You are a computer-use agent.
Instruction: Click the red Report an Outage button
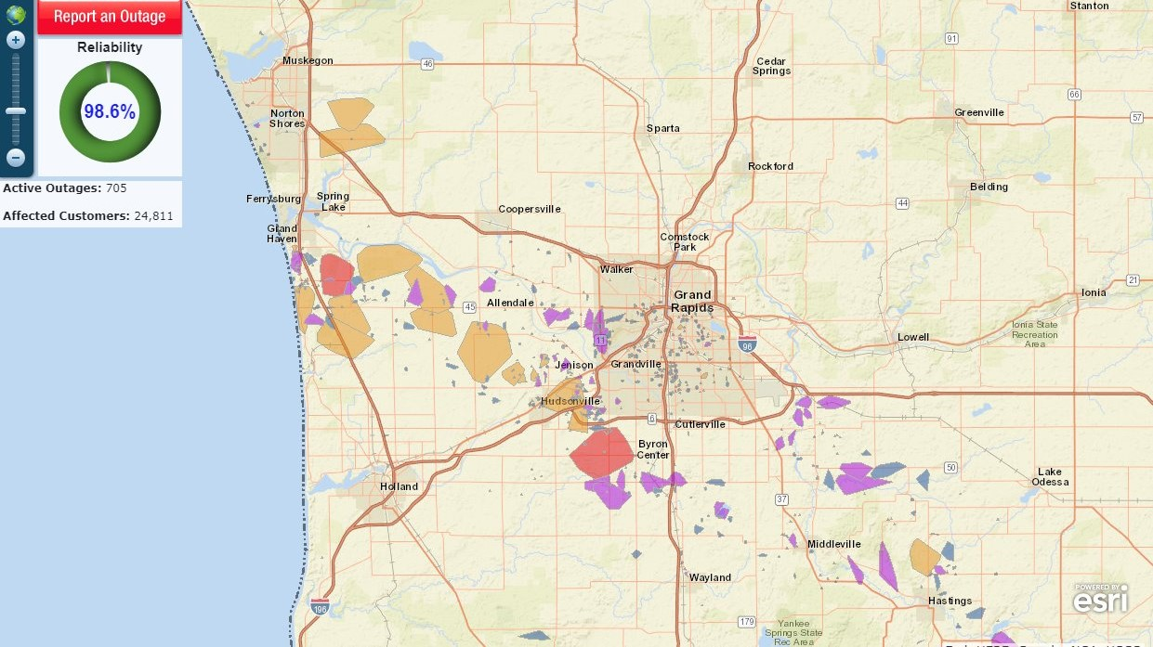click(110, 17)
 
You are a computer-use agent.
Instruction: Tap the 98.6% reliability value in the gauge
click(110, 112)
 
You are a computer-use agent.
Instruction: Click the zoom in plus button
click(16, 40)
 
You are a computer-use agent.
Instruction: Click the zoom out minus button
click(16, 158)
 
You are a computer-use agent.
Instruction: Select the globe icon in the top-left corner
click(16, 13)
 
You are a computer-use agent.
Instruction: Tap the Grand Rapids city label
click(692, 301)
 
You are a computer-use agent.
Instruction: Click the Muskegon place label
click(308, 60)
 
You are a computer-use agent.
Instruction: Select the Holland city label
click(399, 486)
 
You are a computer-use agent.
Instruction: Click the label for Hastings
click(950, 601)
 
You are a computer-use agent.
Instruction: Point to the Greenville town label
click(979, 112)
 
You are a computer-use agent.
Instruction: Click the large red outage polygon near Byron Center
click(601, 452)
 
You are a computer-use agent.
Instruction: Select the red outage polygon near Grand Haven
click(336, 275)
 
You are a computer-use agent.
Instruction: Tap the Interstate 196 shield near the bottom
click(320, 609)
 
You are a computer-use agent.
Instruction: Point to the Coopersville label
click(530, 209)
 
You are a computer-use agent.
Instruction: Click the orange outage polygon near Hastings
click(925, 557)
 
